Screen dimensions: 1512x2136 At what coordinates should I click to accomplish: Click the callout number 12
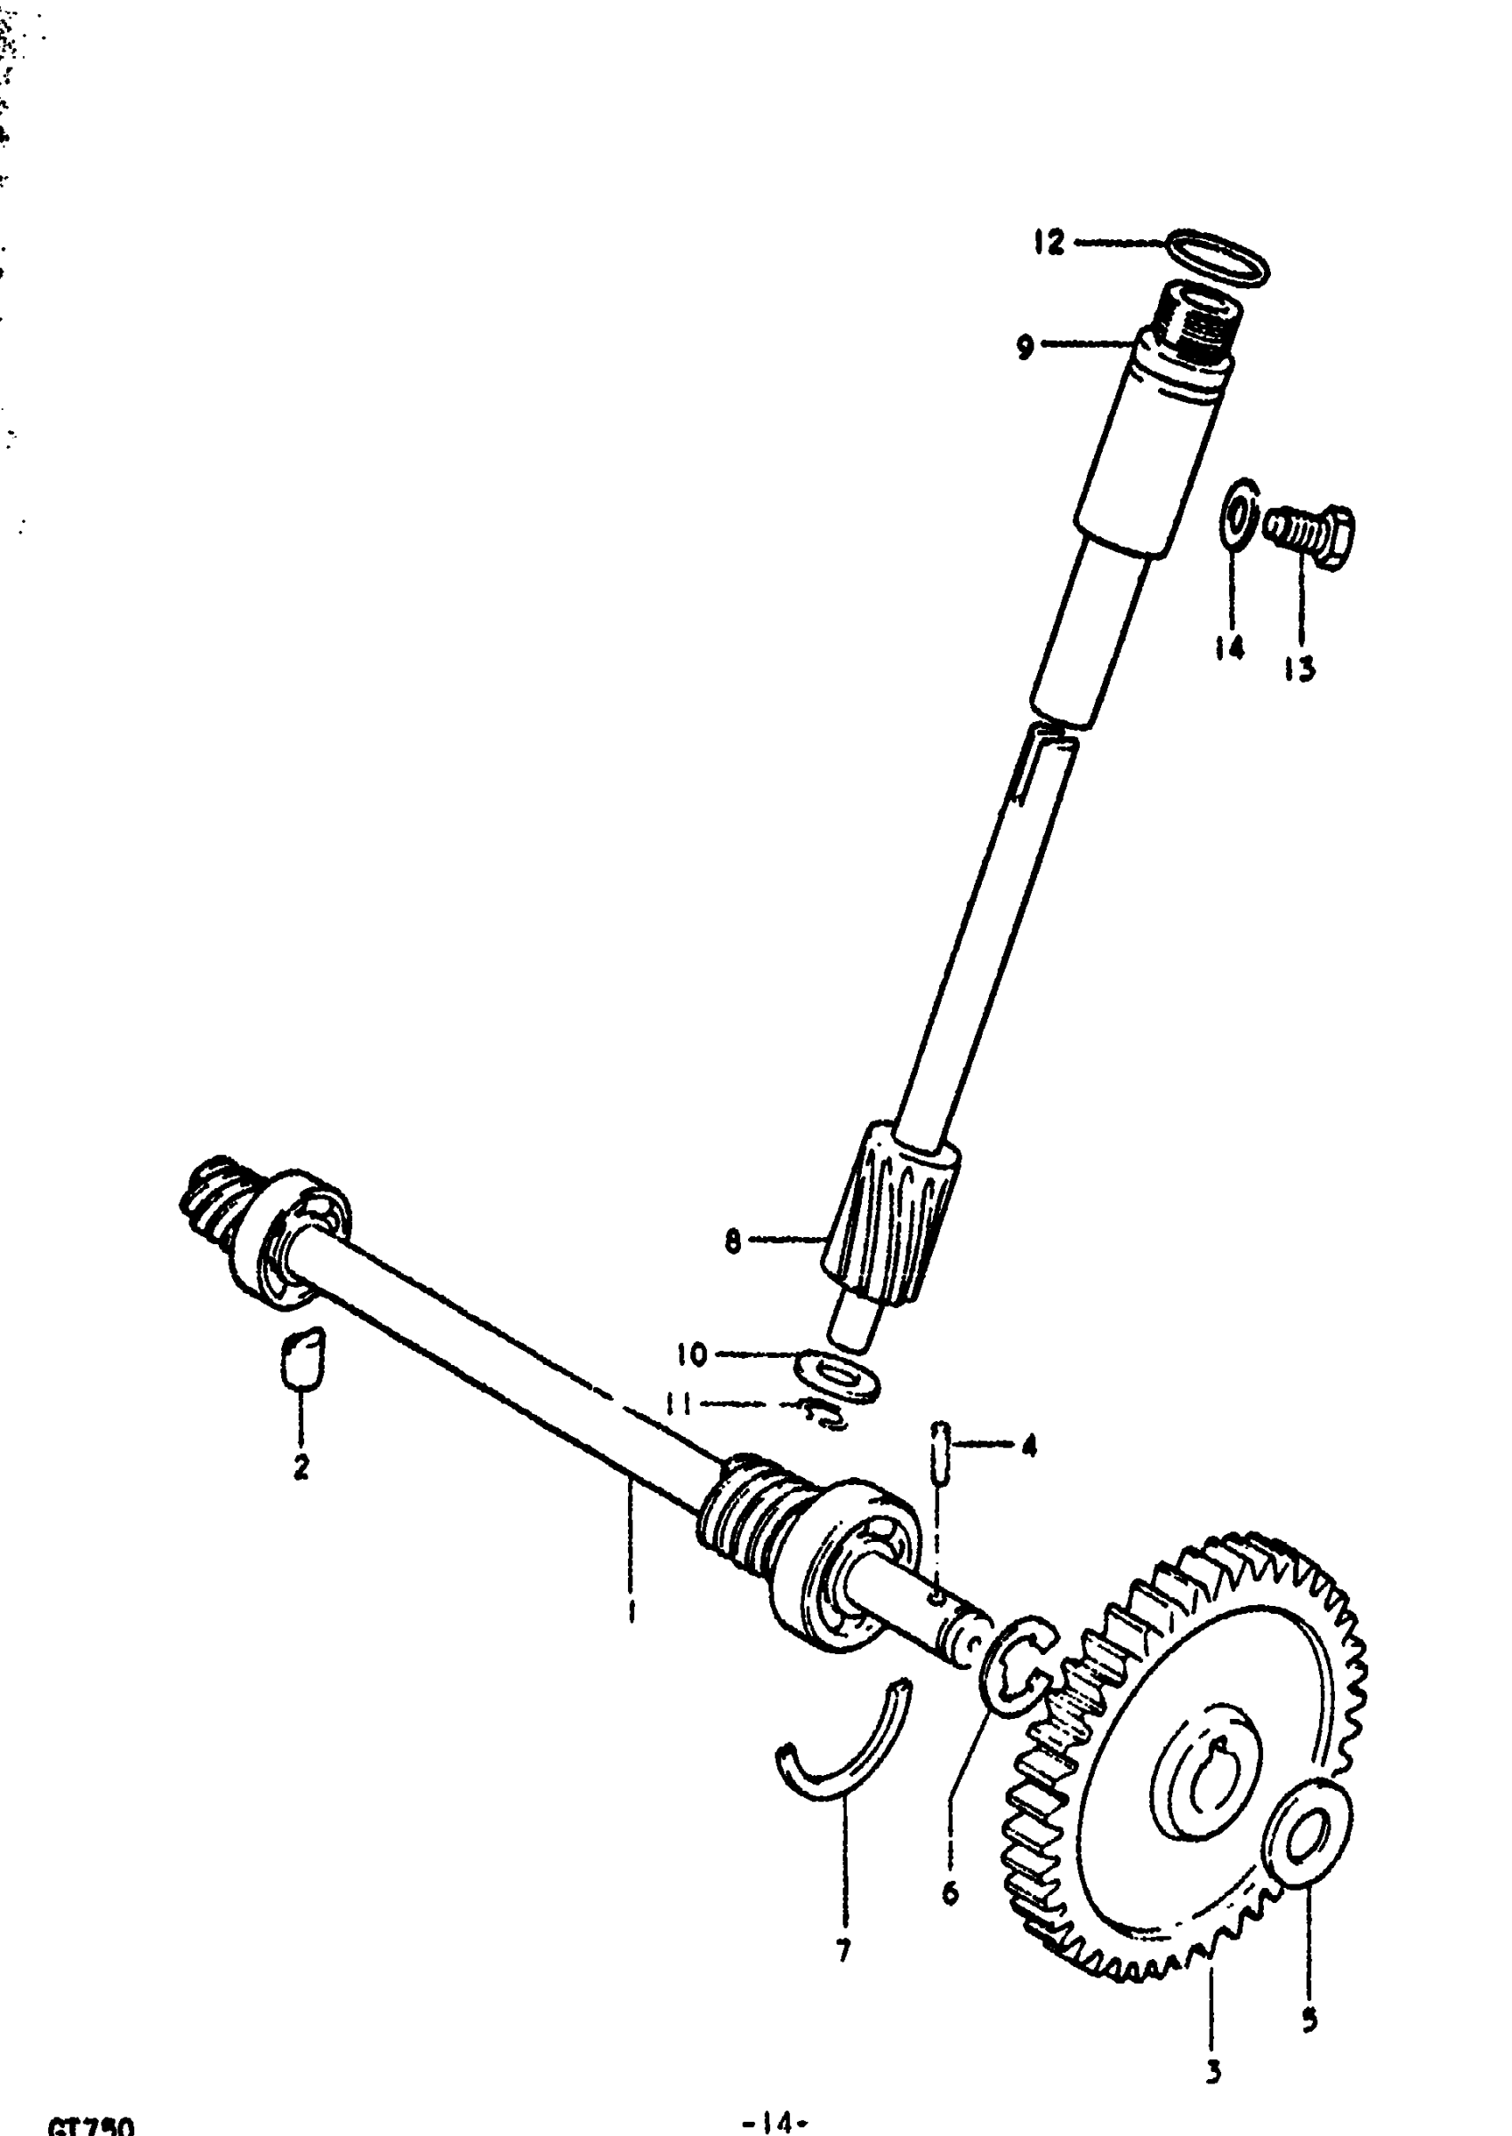1050,243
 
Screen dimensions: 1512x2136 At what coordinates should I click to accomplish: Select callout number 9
1025,348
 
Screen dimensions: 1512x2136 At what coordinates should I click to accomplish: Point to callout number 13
1299,668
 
